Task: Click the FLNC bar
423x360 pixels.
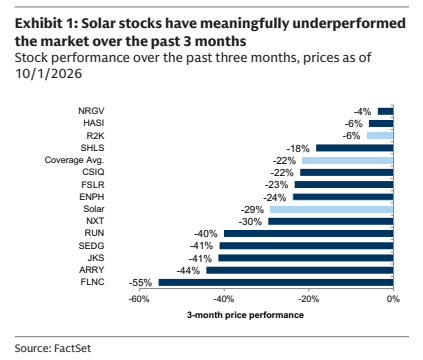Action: point(276,283)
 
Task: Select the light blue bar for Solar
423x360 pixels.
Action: point(332,209)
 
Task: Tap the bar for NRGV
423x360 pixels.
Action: point(386,111)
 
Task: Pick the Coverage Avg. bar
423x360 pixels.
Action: point(348,160)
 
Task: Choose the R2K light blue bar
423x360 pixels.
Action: point(380,136)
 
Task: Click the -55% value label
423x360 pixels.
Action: point(140,283)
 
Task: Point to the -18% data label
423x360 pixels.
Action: point(298,148)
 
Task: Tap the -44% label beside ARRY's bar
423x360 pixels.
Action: point(188,270)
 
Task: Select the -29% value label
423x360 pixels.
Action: point(252,209)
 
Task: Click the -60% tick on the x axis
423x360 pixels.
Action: point(139,299)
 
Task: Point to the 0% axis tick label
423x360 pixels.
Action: point(393,299)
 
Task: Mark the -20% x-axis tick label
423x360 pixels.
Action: point(308,299)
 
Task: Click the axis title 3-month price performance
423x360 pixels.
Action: point(245,315)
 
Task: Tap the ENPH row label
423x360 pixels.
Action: point(92,197)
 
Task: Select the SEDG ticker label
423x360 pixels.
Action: point(91,246)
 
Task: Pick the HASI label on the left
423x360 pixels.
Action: point(94,123)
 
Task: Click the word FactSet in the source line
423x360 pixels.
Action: point(72,348)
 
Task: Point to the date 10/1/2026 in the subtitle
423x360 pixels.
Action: point(49,74)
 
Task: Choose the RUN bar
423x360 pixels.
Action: point(309,234)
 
